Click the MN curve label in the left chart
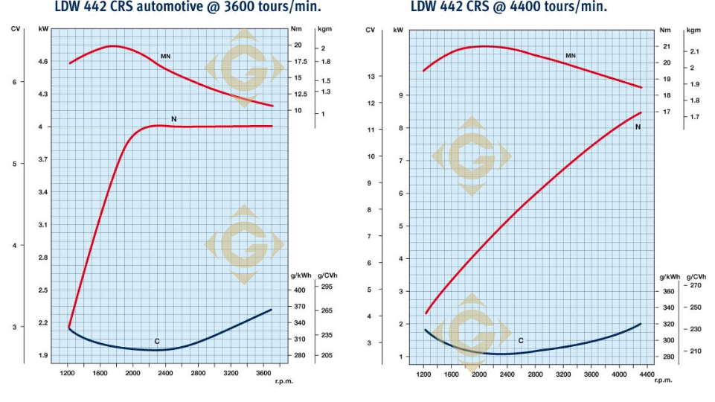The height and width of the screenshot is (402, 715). point(166,56)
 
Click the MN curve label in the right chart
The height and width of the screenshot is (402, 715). point(571,56)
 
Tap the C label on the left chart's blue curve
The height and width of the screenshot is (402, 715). point(157,341)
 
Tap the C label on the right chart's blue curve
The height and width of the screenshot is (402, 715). point(521,340)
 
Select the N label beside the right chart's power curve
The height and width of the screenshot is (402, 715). point(638,127)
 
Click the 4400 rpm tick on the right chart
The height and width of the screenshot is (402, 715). point(647,373)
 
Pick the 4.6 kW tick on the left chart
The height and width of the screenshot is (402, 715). point(43,61)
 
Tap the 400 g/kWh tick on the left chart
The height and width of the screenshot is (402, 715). point(299,290)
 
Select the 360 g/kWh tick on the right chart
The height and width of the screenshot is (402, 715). point(668,291)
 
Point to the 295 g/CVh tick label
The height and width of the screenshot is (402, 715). point(327,286)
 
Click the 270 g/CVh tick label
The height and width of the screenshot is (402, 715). point(695,285)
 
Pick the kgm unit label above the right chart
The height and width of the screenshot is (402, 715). point(693,31)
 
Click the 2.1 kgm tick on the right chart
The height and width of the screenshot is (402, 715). point(694,51)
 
